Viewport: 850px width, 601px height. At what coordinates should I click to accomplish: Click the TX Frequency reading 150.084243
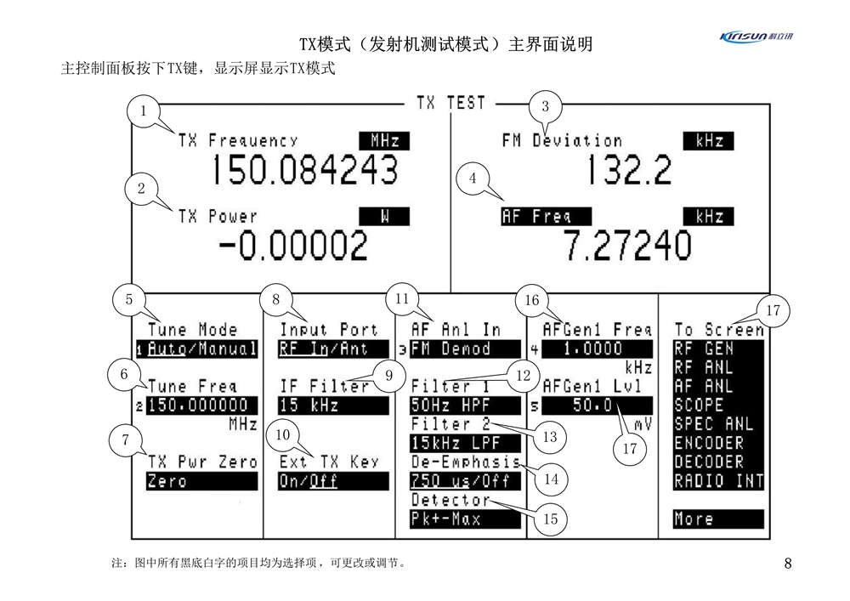point(304,170)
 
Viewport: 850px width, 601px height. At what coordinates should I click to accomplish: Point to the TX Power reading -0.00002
point(293,247)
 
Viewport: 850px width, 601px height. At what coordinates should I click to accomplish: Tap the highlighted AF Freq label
point(536,217)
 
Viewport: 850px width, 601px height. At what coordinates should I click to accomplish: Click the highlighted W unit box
point(384,217)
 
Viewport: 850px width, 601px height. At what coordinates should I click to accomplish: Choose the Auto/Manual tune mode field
point(201,349)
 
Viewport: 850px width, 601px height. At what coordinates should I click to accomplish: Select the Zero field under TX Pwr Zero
point(201,481)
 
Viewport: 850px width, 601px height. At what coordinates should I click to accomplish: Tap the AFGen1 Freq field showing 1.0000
point(597,349)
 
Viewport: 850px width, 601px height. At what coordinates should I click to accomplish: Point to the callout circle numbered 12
point(523,373)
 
